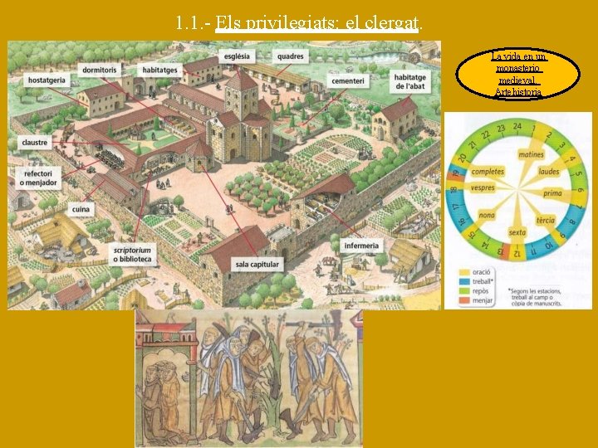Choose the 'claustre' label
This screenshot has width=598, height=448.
pyautogui.click(x=35, y=143)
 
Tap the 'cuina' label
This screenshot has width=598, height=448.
pyautogui.click(x=81, y=210)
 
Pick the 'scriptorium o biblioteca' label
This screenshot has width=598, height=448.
pyautogui.click(x=134, y=254)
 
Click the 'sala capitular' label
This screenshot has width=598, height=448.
pyautogui.click(x=257, y=265)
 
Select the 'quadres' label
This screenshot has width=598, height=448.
pyautogui.click(x=291, y=56)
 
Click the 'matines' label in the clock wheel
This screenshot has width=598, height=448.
pyautogui.click(x=531, y=154)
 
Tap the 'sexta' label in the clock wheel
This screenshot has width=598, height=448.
pyautogui.click(x=517, y=233)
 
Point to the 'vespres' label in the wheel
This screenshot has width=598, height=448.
pyautogui.click(x=482, y=188)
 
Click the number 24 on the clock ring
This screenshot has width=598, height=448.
pyautogui.click(x=517, y=126)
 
